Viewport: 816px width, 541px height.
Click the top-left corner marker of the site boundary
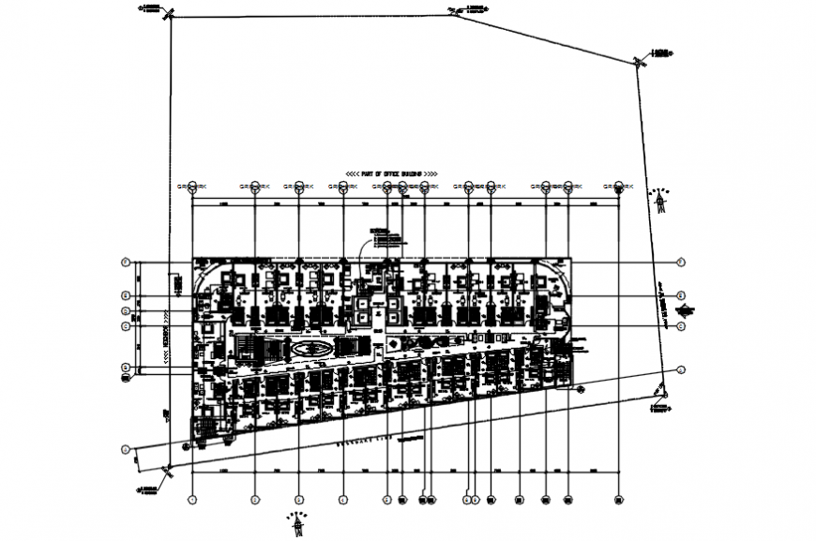[x=169, y=15]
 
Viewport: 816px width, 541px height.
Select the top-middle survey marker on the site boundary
[x=453, y=11]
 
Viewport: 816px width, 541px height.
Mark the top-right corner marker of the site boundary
[x=638, y=62]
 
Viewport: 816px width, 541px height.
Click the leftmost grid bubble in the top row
[x=192, y=187]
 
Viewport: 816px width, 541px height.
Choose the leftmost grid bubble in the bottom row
[x=192, y=500]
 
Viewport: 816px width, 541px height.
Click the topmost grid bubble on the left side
[x=124, y=262]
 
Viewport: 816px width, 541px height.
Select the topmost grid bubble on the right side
[x=682, y=262]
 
